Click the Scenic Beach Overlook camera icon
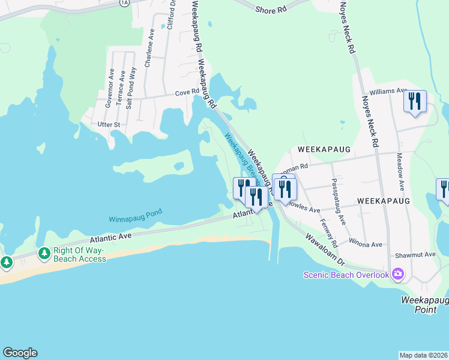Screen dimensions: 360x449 (x=397, y=274)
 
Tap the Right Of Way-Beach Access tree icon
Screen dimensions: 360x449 (x=44, y=254)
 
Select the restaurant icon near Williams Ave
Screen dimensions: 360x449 (x=414, y=101)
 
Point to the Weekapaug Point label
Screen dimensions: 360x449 (x=424, y=304)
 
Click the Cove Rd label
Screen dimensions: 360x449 (x=187, y=92)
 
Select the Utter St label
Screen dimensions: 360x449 (x=109, y=124)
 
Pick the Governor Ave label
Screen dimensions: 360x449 (x=110, y=88)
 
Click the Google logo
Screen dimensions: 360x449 (x=20, y=353)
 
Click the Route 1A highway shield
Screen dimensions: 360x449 (x=124, y=2)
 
